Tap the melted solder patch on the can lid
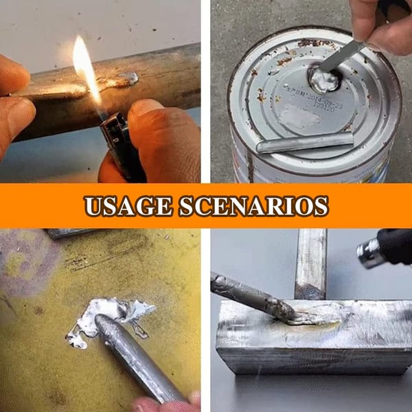click(322, 80)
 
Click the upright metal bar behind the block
click(310, 264)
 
